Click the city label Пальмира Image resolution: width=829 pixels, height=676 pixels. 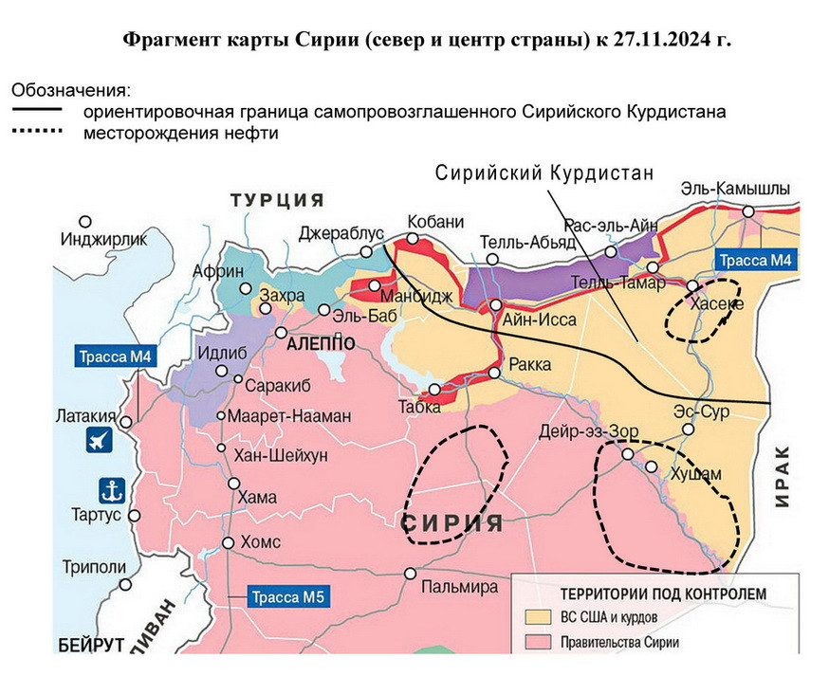coord(459,587)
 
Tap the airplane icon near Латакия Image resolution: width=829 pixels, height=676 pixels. coord(99,439)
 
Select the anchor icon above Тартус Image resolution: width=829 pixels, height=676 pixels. coord(112,490)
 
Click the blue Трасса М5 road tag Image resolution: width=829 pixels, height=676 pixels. coord(288,597)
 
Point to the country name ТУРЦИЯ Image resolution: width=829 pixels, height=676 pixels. coord(276,200)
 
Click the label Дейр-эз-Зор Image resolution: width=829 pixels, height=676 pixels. coord(588,430)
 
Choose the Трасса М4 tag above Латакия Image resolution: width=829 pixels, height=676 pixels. coord(115,357)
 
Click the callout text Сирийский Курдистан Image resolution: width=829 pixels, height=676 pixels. coord(545,174)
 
